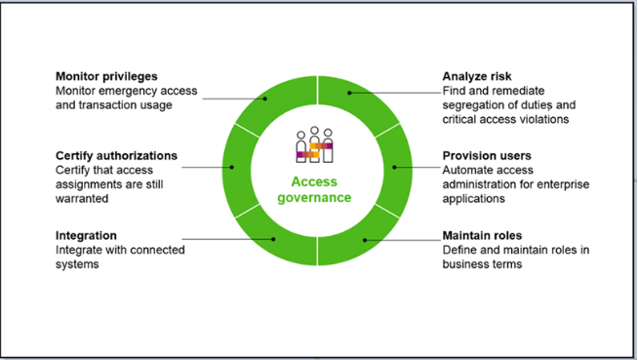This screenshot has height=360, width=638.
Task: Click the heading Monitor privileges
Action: (106, 76)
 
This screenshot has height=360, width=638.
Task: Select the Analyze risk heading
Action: (477, 76)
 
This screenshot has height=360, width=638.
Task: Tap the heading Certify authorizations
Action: (116, 156)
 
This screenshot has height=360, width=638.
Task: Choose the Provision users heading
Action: (487, 156)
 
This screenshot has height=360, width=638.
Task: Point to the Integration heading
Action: (86, 235)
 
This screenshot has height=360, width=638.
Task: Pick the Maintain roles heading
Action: (482, 235)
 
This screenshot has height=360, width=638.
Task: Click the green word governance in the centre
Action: (314, 198)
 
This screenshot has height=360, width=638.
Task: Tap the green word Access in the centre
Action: (314, 181)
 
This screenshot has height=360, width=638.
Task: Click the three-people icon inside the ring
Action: (314, 144)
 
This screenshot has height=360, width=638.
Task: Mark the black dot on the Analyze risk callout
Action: (349, 93)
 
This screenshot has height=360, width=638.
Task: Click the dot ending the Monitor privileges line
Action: (265, 99)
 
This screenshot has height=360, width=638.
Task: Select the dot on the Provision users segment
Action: (394, 167)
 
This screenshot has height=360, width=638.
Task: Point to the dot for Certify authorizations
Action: (232, 167)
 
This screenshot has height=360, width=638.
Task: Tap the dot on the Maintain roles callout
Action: (365, 240)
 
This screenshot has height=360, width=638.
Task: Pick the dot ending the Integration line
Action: (273, 239)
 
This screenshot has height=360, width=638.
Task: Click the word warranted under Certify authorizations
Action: (82, 199)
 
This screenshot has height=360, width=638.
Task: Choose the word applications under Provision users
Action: (473, 199)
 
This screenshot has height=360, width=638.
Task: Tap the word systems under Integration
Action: (77, 264)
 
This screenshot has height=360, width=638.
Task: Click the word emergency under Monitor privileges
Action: (128, 91)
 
